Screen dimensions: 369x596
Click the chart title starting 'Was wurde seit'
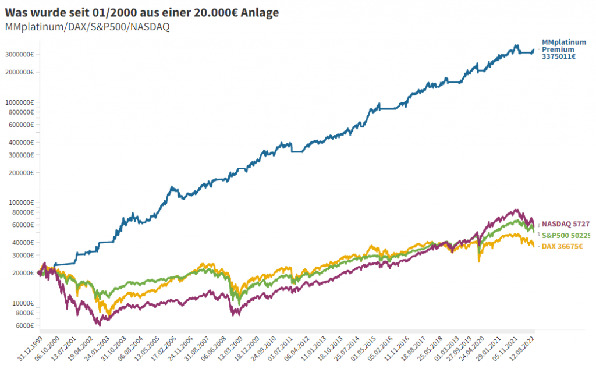click(x=141, y=12)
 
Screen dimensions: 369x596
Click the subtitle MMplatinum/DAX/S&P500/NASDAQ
click(x=87, y=27)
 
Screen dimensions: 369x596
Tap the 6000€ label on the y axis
click(x=24, y=325)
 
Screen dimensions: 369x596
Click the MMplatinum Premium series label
click(x=563, y=46)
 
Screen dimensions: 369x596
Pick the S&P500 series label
click(x=566, y=235)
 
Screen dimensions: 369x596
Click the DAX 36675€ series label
click(x=562, y=247)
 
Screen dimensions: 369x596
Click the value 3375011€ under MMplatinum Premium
click(x=559, y=57)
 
